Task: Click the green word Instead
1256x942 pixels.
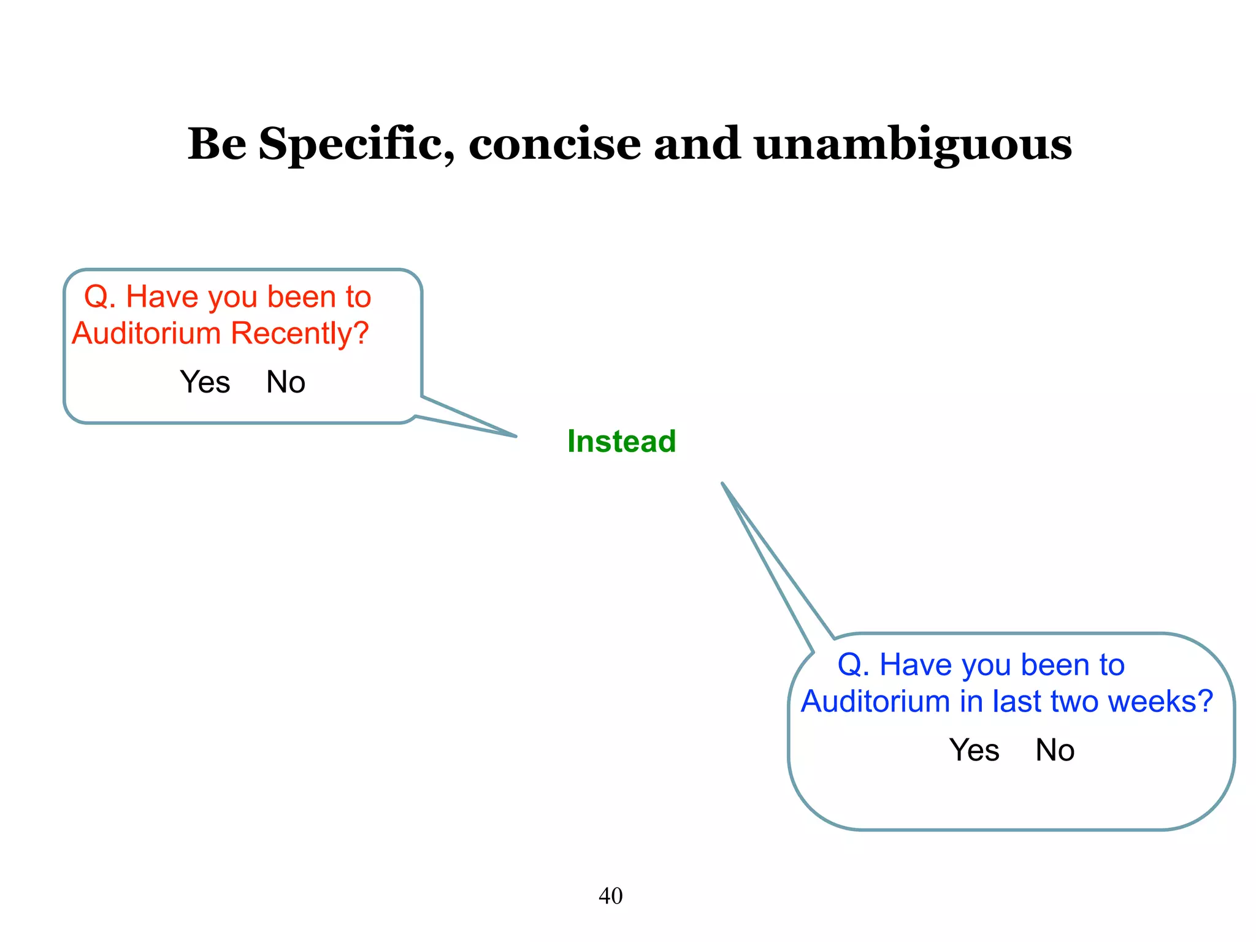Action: pyautogui.click(x=621, y=442)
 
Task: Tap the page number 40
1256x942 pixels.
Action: pyautogui.click(x=610, y=896)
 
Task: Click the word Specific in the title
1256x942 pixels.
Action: pyautogui.click(x=356, y=145)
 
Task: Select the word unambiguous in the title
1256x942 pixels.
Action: pyautogui.click(x=913, y=145)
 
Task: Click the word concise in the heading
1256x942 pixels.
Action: pyautogui.click(x=554, y=145)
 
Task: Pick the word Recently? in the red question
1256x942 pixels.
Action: pyautogui.click(x=300, y=334)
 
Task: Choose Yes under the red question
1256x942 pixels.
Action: pyautogui.click(x=205, y=382)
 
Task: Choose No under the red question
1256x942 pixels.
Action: pyautogui.click(x=285, y=382)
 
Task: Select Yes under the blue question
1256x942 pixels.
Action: pyautogui.click(x=974, y=750)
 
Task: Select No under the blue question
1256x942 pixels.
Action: pyautogui.click(x=1055, y=750)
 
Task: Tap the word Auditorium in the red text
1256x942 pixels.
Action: pyautogui.click(x=146, y=334)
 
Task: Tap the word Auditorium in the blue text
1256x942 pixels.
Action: pyautogui.click(x=875, y=701)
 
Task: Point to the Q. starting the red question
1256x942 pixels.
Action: pyautogui.click(x=100, y=297)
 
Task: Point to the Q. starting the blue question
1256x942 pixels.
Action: pyautogui.click(x=853, y=665)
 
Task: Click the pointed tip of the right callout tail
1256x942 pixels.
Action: pyautogui.click(x=723, y=484)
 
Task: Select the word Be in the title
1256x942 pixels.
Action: pyautogui.click(x=216, y=145)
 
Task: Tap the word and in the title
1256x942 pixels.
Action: pyautogui.click(x=697, y=145)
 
